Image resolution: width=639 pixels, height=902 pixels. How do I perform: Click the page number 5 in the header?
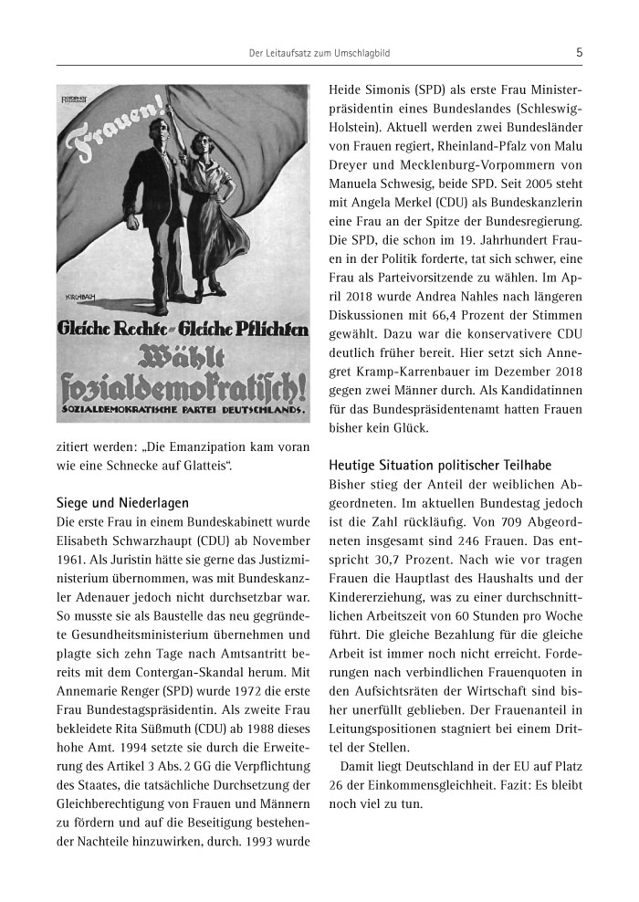pyautogui.click(x=579, y=53)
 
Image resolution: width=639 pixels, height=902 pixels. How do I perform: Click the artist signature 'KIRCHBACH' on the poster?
pyautogui.click(x=83, y=297)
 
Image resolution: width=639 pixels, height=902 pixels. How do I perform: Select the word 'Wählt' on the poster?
pyautogui.click(x=182, y=357)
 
